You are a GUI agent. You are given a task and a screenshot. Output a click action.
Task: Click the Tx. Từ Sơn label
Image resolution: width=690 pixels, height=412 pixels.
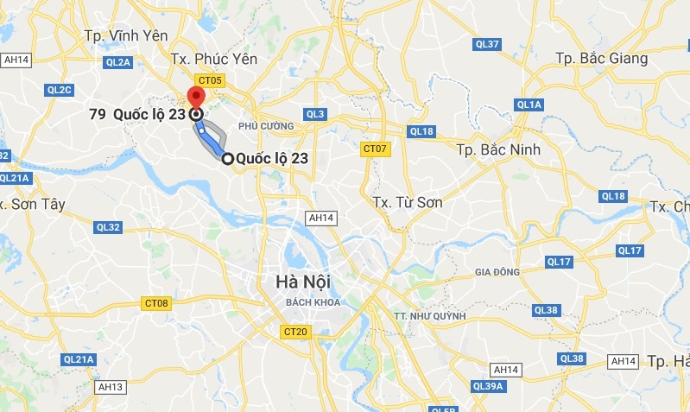pyautogui.click(x=408, y=201)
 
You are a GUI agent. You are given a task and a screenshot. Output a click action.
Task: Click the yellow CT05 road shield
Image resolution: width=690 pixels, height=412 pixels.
pyautogui.click(x=210, y=80)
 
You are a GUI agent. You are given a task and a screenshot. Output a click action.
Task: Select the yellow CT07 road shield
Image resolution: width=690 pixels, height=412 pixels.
pyautogui.click(x=373, y=149)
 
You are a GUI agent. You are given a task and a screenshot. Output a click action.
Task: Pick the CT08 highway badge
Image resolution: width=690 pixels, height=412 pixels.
pyautogui.click(x=156, y=303)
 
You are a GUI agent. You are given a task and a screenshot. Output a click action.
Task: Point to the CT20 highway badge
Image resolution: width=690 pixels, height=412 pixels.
pyautogui.click(x=295, y=331)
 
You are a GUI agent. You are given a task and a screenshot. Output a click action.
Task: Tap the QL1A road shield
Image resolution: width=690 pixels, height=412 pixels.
pyautogui.click(x=529, y=105)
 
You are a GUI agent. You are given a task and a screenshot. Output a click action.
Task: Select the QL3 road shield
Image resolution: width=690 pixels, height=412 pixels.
pyautogui.click(x=315, y=114)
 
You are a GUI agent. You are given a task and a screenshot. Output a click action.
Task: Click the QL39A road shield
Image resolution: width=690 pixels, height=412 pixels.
pyautogui.click(x=489, y=386)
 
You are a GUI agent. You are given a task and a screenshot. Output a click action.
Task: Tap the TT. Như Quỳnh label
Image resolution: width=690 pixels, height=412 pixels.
pyautogui.click(x=428, y=315)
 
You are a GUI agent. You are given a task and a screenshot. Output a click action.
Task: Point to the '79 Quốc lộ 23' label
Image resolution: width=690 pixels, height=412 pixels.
pyautogui.click(x=137, y=114)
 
